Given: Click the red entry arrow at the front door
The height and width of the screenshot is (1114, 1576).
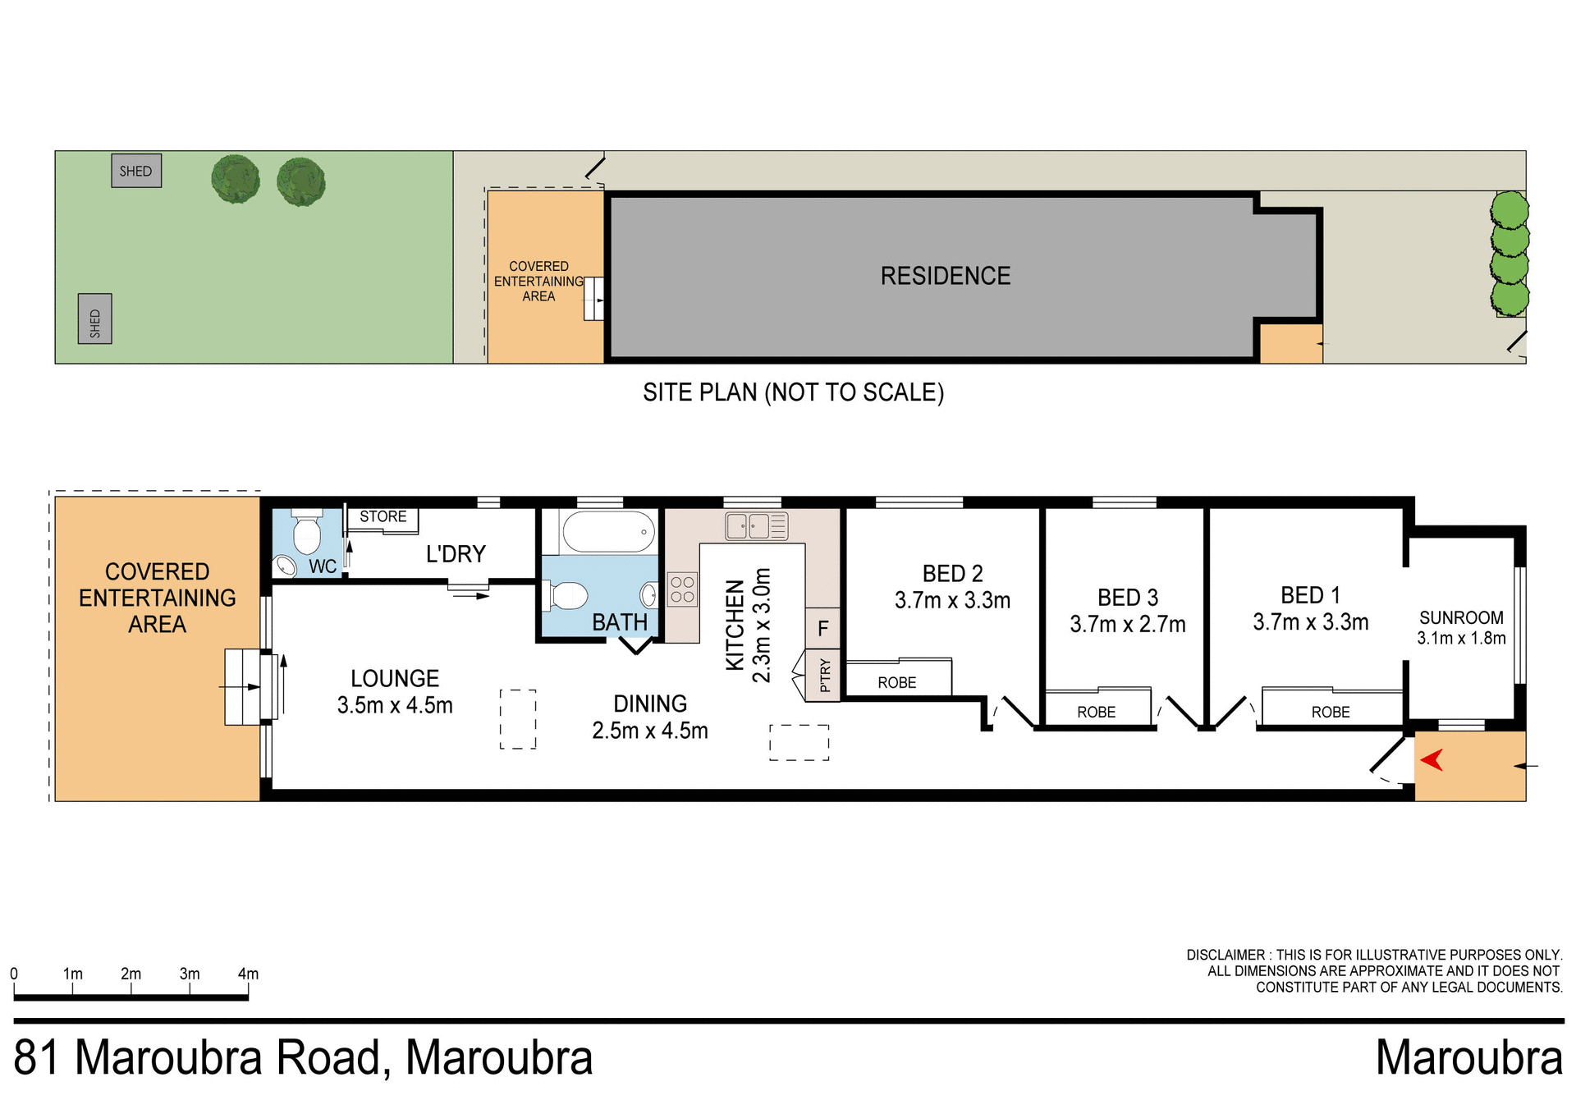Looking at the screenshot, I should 1432,760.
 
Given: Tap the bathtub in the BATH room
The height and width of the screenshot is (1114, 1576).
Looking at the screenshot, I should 608,532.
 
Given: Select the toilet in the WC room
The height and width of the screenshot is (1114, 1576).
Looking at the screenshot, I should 307,534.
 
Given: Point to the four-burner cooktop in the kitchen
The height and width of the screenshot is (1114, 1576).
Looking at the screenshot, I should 682,589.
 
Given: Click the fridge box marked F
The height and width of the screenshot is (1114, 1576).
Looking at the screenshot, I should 823,629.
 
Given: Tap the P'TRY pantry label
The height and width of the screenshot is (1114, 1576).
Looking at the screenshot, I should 825,675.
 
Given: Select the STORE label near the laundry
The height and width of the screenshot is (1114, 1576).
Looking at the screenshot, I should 383,516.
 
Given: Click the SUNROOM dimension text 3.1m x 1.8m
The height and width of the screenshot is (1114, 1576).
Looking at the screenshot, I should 1461,638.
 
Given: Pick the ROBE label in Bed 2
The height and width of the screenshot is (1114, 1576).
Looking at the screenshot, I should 896,682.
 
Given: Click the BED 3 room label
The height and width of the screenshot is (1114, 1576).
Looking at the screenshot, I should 1128,597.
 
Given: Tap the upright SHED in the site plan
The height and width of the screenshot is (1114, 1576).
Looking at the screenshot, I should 95,319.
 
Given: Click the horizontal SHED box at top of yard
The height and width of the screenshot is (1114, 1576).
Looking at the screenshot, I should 136,171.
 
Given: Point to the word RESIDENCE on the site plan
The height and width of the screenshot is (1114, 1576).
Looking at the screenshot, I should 945,276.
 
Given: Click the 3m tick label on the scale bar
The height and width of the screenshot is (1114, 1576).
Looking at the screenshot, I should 190,974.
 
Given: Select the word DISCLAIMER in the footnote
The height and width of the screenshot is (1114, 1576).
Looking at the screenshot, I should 1226,955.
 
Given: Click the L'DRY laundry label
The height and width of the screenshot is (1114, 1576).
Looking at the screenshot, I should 456,554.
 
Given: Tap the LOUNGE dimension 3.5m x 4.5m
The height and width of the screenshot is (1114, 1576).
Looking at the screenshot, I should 395,705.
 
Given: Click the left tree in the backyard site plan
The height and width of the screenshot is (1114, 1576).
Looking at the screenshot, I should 236,179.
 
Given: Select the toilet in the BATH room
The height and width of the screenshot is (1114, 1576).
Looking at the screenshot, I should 567,596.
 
